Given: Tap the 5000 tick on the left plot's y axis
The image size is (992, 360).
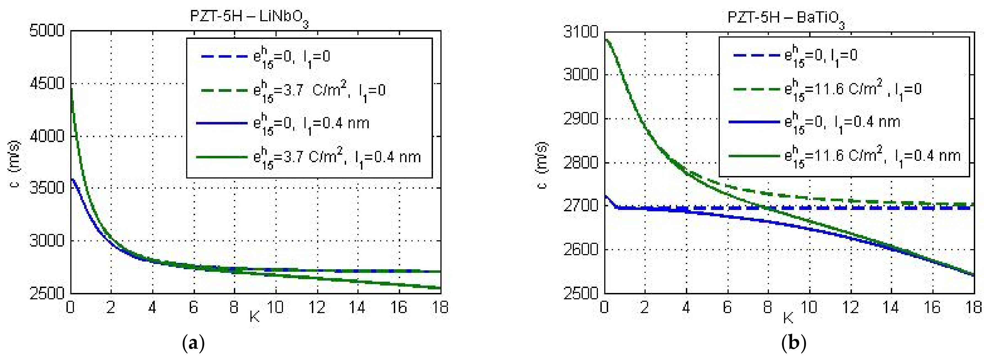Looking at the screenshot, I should click(47, 31).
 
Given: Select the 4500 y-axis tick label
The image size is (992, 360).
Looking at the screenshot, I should click(47, 84).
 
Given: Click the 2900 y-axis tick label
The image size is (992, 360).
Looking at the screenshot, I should click(581, 119).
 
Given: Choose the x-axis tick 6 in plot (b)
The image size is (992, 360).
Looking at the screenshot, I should click(727, 307).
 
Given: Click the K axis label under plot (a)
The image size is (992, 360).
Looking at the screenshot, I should click(254, 316).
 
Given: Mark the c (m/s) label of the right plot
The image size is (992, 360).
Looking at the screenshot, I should click(543, 166).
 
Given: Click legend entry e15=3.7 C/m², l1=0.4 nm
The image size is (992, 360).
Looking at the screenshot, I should click(308, 157).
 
